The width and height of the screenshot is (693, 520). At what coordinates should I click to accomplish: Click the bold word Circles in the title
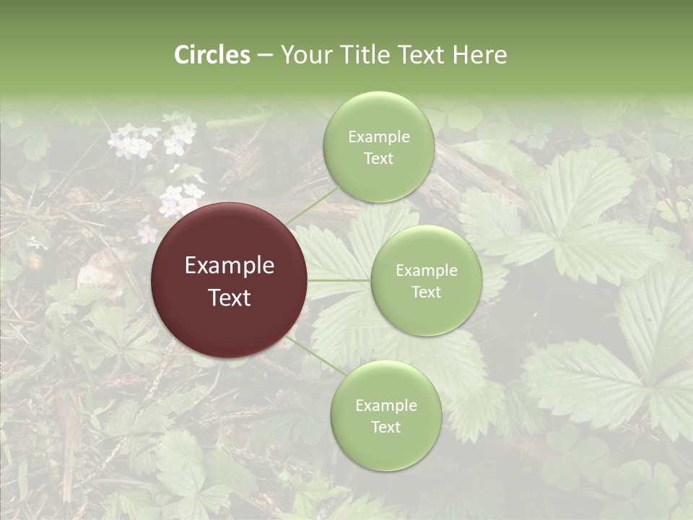pyautogui.click(x=212, y=55)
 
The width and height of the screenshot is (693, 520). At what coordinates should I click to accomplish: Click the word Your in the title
pyautogui.click(x=305, y=55)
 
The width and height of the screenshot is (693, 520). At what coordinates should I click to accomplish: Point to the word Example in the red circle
pyautogui.click(x=230, y=266)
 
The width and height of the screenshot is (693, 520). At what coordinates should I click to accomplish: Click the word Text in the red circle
pyautogui.click(x=230, y=298)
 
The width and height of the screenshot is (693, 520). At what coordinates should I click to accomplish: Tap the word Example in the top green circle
pyautogui.click(x=379, y=137)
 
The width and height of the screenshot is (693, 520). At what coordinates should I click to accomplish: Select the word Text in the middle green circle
pyautogui.click(x=427, y=292)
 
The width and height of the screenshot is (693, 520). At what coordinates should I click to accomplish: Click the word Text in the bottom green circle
pyautogui.click(x=386, y=427)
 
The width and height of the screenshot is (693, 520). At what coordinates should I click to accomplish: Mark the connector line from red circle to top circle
pyautogui.click(x=312, y=205)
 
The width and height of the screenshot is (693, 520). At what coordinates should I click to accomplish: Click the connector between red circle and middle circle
pyautogui.click(x=339, y=280)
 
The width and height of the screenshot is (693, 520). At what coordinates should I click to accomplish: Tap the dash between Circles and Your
pyautogui.click(x=264, y=56)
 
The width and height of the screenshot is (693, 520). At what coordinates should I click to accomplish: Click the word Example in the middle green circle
pyautogui.click(x=427, y=271)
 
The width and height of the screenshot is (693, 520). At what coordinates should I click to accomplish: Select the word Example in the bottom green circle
pyautogui.click(x=386, y=406)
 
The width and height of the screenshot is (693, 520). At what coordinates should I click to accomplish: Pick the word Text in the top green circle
pyautogui.click(x=379, y=158)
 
